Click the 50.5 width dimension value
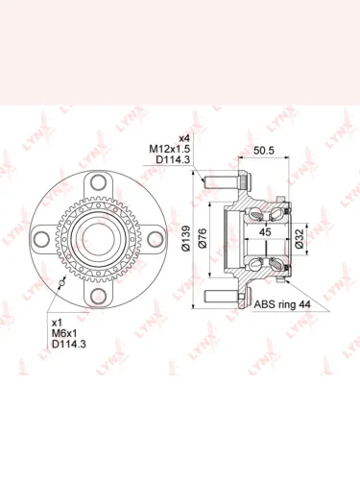264,151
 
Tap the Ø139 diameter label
185,238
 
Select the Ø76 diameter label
203,238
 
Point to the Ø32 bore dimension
300,239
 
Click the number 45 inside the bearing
265,232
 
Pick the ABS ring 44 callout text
282,304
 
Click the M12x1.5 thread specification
170,149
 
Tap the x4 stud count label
184,138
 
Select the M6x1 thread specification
64,333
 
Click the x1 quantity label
57,322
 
